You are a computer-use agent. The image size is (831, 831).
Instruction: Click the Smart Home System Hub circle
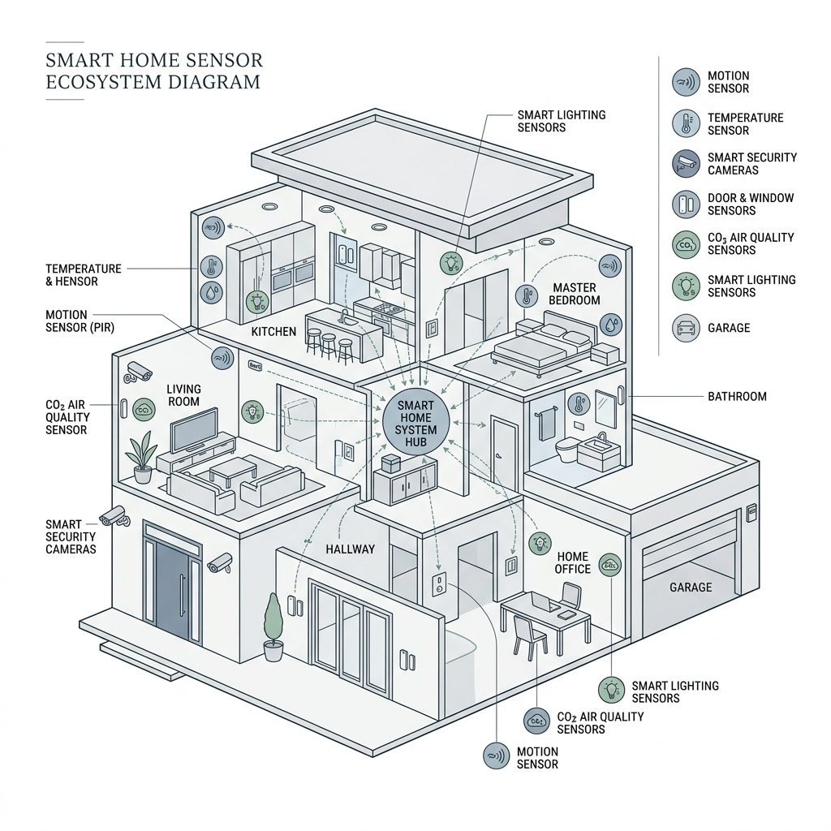click(x=416, y=424)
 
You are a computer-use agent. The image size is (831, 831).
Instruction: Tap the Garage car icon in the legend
click(x=686, y=328)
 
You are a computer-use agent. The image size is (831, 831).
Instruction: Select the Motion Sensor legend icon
click(x=686, y=82)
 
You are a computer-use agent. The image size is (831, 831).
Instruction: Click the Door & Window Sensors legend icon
click(x=686, y=204)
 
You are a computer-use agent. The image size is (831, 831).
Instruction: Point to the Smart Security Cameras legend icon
click(x=686, y=163)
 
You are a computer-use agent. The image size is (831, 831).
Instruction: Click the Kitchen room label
click(x=273, y=333)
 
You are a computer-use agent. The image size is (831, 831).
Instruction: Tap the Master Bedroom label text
click(x=575, y=294)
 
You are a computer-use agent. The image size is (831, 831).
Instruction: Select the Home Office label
click(x=573, y=562)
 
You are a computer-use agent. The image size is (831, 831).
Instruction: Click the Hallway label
click(x=351, y=549)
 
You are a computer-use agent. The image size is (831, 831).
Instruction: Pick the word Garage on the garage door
click(x=691, y=587)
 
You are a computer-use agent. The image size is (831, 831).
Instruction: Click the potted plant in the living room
click(x=142, y=458)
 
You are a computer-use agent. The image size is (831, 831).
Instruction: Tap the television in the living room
click(x=193, y=428)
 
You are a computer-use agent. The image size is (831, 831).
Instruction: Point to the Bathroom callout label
click(x=737, y=397)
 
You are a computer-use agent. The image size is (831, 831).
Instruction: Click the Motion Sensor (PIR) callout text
click(x=78, y=321)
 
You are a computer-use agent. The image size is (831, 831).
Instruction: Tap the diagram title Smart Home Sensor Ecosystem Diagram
click(x=153, y=71)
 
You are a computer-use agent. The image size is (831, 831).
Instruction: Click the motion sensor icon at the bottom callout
click(x=496, y=756)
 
